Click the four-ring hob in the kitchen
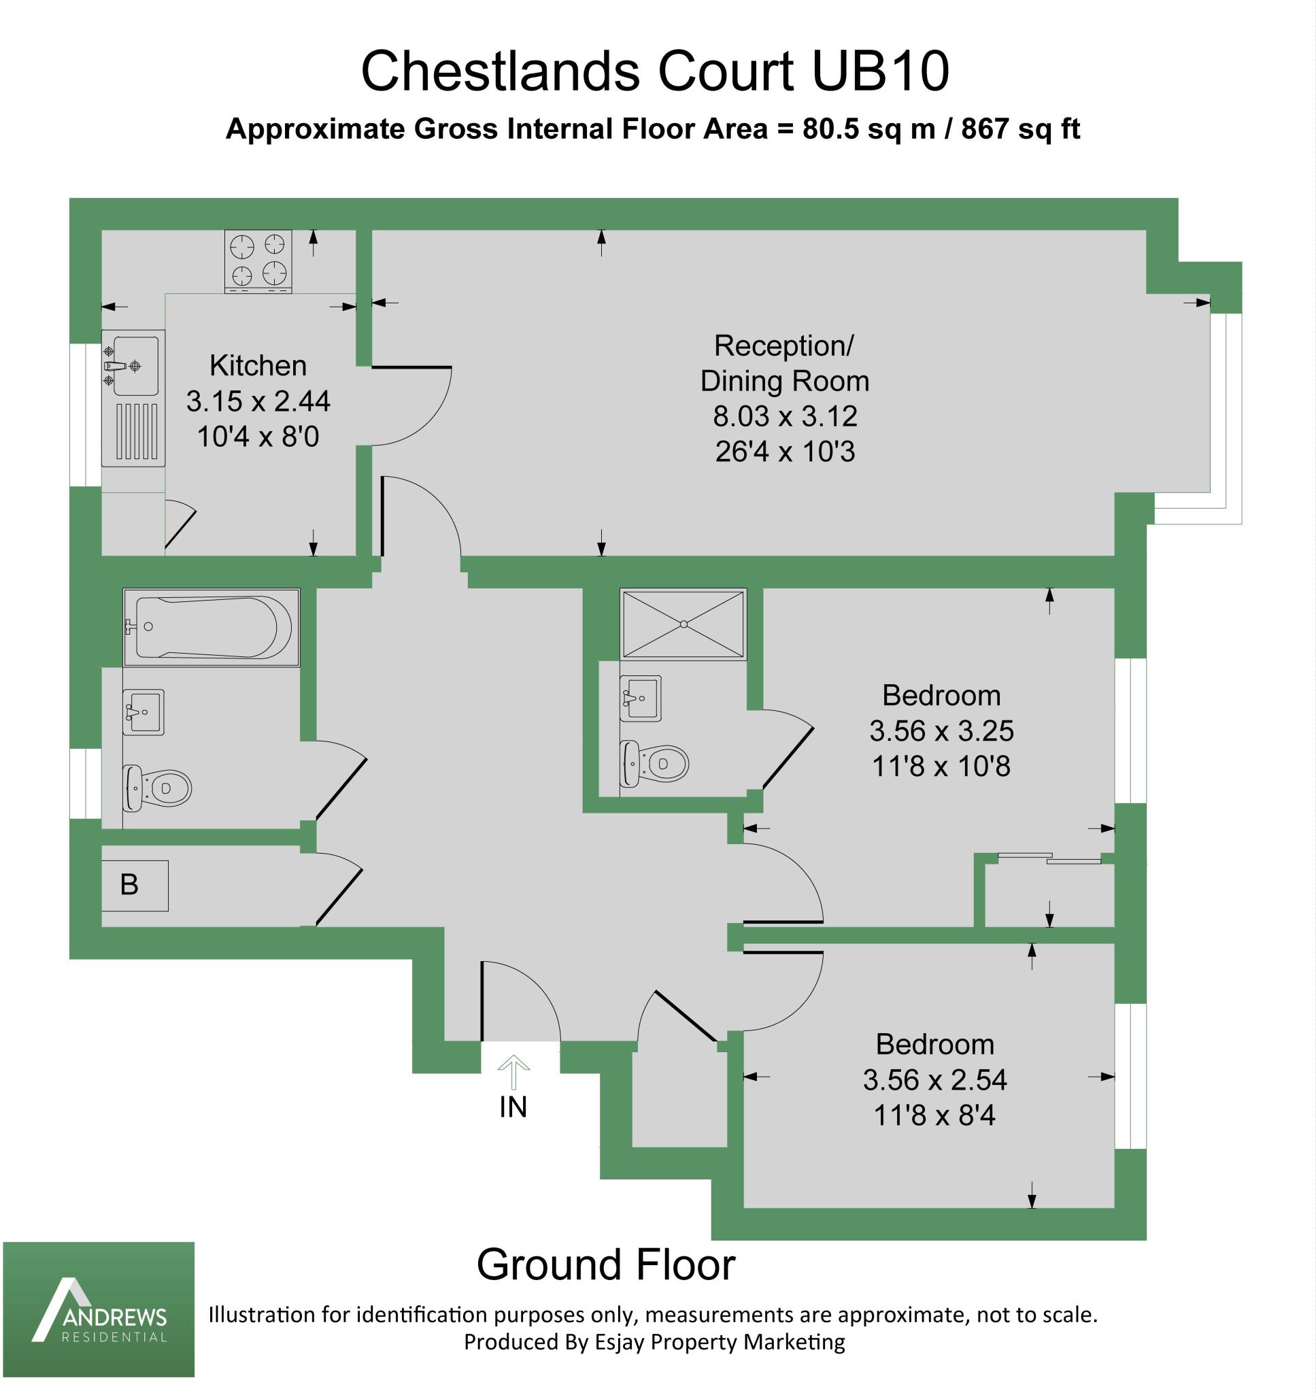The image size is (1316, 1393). (258, 261)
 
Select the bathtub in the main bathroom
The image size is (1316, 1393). (211, 627)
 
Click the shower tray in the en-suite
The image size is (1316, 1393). (683, 624)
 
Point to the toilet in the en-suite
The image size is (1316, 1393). (655, 763)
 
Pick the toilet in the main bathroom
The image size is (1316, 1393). (157, 788)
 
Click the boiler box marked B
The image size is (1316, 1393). (134, 885)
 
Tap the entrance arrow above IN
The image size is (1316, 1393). (513, 1071)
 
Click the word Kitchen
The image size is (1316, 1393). (258, 365)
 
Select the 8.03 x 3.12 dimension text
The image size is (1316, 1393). (785, 416)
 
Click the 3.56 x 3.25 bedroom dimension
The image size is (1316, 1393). (941, 731)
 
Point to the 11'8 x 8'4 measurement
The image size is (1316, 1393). (934, 1115)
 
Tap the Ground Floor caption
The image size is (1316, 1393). (605, 1264)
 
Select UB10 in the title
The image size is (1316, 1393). (880, 71)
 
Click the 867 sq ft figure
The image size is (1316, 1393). (1020, 129)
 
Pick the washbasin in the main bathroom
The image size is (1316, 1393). (144, 711)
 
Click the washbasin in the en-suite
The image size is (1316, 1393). (641, 698)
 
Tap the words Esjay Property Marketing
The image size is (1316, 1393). (720, 1342)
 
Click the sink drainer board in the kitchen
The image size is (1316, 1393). (136, 431)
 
